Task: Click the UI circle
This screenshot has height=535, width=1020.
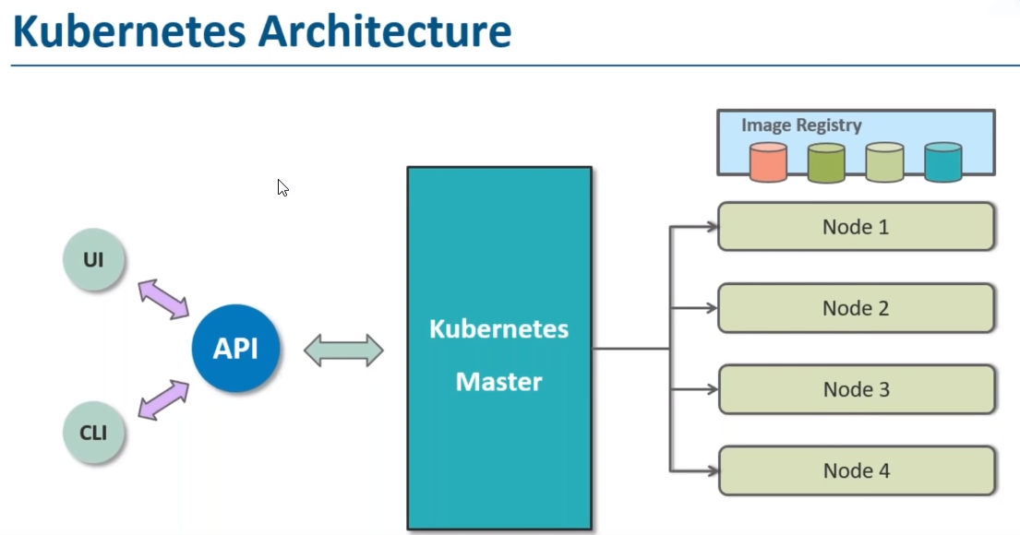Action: pyautogui.click(x=93, y=259)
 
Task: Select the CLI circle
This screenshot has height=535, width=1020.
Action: pyautogui.click(x=93, y=434)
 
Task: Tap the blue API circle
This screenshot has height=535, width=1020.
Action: pyautogui.click(x=235, y=350)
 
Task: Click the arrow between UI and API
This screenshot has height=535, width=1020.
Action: pyautogui.click(x=162, y=299)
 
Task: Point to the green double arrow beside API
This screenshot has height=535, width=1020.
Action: pyautogui.click(x=343, y=351)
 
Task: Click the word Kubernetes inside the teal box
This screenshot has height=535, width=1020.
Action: pyautogui.click(x=499, y=329)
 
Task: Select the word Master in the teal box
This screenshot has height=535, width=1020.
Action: pyautogui.click(x=499, y=380)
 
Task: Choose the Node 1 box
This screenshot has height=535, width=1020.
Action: pyautogui.click(x=856, y=227)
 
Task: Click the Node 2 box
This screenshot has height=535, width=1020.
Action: pyautogui.click(x=856, y=308)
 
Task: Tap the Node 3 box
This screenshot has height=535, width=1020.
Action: pyautogui.click(x=856, y=389)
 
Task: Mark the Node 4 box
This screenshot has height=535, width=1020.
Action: pyautogui.click(x=856, y=470)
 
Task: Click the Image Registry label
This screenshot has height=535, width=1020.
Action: pyautogui.click(x=801, y=125)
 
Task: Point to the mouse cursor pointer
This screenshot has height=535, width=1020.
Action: pyautogui.click(x=282, y=187)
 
